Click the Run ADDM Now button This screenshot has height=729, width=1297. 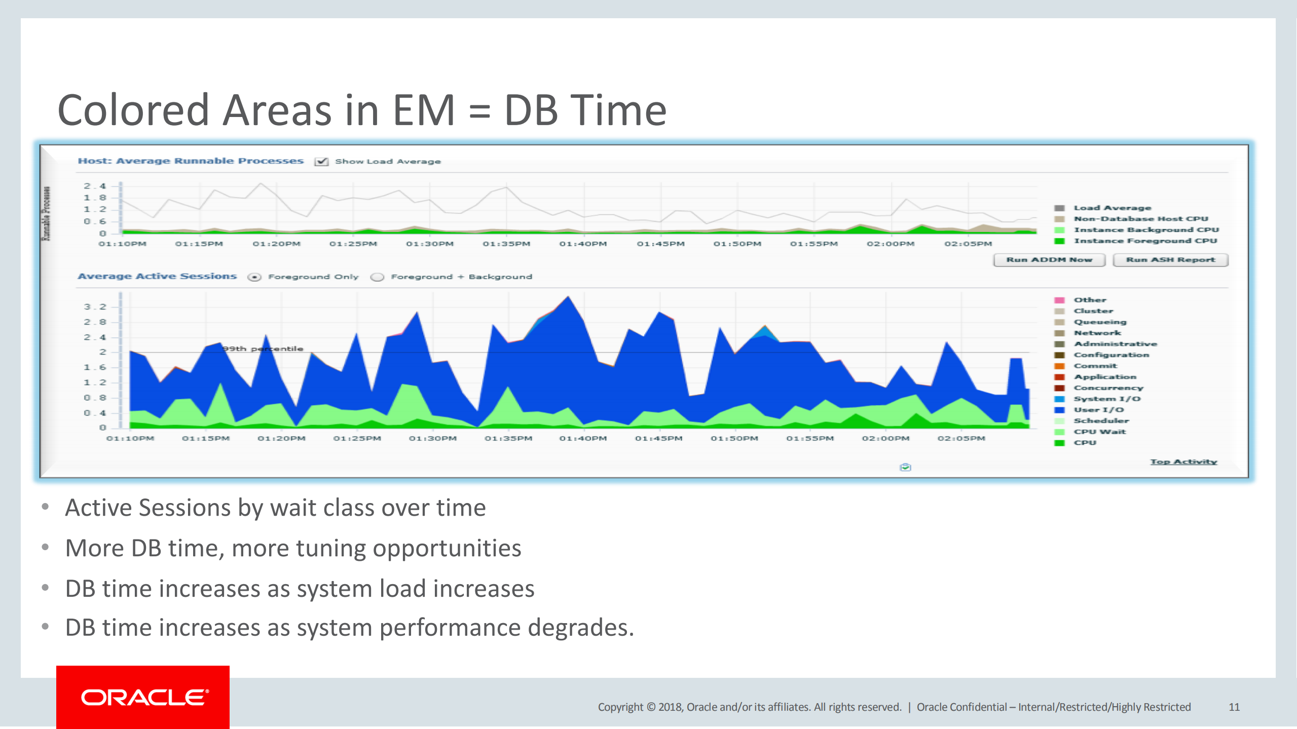(x=1049, y=260)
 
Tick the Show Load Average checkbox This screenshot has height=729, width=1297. (x=321, y=162)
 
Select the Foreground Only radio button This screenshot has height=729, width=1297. (x=254, y=277)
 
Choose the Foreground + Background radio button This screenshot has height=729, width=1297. (x=377, y=277)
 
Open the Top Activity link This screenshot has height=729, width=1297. (x=1183, y=462)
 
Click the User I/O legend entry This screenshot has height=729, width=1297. (x=1098, y=410)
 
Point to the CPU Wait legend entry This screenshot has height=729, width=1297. (x=1099, y=432)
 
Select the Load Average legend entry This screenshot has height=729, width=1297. (x=1112, y=208)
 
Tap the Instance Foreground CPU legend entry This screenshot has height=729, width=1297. (x=1145, y=241)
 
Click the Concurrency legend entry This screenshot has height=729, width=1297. (x=1108, y=388)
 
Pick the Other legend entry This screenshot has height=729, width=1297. (x=1090, y=300)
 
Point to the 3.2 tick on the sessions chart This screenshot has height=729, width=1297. (x=95, y=307)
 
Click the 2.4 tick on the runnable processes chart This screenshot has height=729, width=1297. (x=95, y=186)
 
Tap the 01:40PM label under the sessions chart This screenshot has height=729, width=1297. (x=583, y=438)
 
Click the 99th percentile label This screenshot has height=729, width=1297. (x=263, y=349)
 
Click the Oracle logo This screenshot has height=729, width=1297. (x=143, y=697)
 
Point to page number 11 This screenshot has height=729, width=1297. (x=1234, y=707)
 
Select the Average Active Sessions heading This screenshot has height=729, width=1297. (x=157, y=276)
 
